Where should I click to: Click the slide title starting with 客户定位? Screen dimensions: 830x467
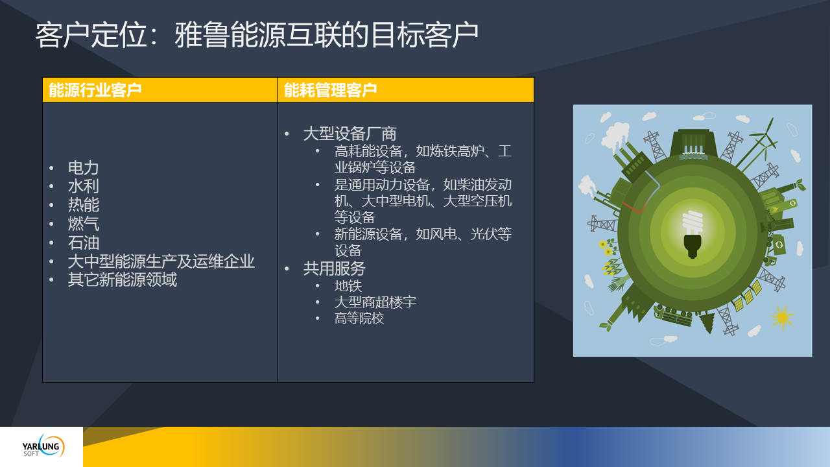coord(257,35)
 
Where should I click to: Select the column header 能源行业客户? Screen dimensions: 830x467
coord(95,90)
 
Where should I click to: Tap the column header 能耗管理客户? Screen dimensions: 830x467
coord(330,90)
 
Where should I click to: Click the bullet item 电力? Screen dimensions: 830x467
coord(84,168)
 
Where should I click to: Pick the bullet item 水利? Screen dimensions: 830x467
coord(84,186)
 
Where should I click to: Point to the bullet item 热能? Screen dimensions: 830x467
coord(84,204)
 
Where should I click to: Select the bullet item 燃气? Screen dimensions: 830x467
coord(84,224)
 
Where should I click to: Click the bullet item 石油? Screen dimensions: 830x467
coord(84,243)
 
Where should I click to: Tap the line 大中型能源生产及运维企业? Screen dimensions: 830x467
coord(161,261)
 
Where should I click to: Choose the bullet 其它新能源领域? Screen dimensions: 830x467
coord(123,280)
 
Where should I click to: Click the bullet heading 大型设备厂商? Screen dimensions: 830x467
coord(350,134)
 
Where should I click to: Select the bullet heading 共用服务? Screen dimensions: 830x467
coord(334,269)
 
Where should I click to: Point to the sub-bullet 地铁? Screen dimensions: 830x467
coord(348,286)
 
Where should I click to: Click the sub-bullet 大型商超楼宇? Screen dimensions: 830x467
coord(375,302)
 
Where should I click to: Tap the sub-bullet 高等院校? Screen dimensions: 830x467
coord(359,318)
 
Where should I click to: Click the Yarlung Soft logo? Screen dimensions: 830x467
coord(43,446)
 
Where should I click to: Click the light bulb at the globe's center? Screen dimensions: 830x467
coord(692,234)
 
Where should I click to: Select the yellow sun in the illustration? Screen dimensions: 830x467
coord(782,318)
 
